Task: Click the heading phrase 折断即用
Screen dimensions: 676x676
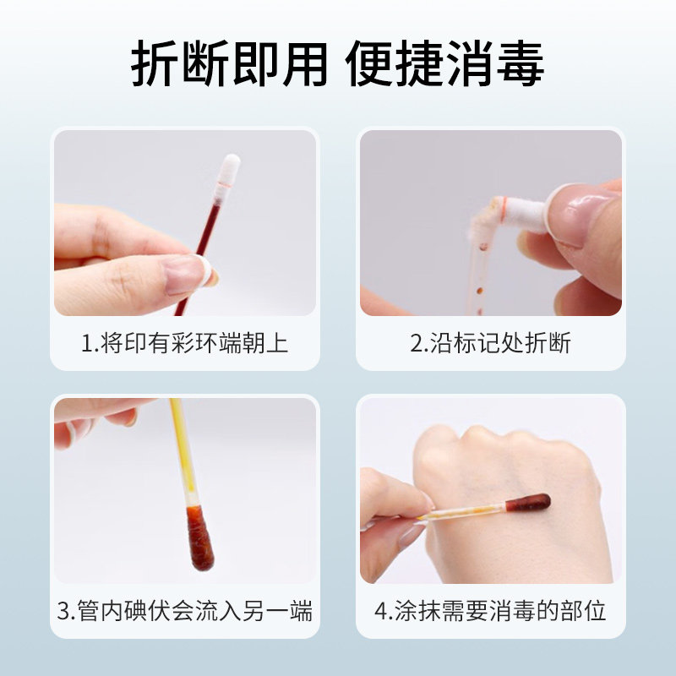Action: pyautogui.click(x=228, y=64)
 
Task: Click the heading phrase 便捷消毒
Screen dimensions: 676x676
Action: pyautogui.click(x=446, y=64)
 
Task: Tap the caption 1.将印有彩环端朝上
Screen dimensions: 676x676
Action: pyautogui.click(x=185, y=343)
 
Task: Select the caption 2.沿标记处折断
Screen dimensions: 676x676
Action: pyautogui.click(x=490, y=343)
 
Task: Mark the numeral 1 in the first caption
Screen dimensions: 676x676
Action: pyautogui.click(x=86, y=343)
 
